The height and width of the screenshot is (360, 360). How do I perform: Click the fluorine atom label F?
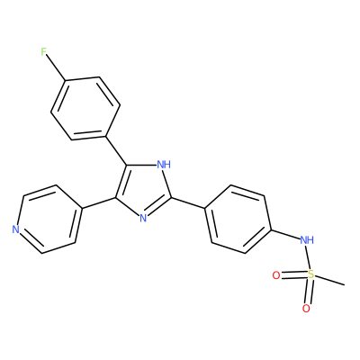(44, 52)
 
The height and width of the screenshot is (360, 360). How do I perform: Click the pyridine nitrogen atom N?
(15, 229)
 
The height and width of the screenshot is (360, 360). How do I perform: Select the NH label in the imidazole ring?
(164, 165)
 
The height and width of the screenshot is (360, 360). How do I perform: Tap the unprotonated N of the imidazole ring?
(143, 218)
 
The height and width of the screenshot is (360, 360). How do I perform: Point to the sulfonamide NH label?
(307, 240)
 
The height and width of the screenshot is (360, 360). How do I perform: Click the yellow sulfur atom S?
(311, 274)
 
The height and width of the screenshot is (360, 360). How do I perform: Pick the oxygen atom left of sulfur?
(276, 275)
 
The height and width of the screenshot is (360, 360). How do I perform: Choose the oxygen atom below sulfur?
(306, 309)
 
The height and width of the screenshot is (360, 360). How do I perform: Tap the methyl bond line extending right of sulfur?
(330, 279)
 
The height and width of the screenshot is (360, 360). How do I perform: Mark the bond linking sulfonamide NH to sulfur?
(308, 257)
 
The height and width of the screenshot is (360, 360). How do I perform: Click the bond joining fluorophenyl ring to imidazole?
(116, 151)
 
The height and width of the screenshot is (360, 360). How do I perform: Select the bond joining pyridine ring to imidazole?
(98, 203)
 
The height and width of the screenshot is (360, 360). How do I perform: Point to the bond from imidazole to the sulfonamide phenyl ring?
(188, 202)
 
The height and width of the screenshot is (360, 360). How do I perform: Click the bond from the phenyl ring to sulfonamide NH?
(285, 234)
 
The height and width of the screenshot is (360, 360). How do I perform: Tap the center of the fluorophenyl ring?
(85, 109)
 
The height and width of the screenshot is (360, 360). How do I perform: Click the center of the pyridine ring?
(49, 219)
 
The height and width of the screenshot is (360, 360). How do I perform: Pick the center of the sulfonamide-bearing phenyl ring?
(238, 220)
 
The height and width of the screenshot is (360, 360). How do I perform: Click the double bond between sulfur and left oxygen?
(294, 274)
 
